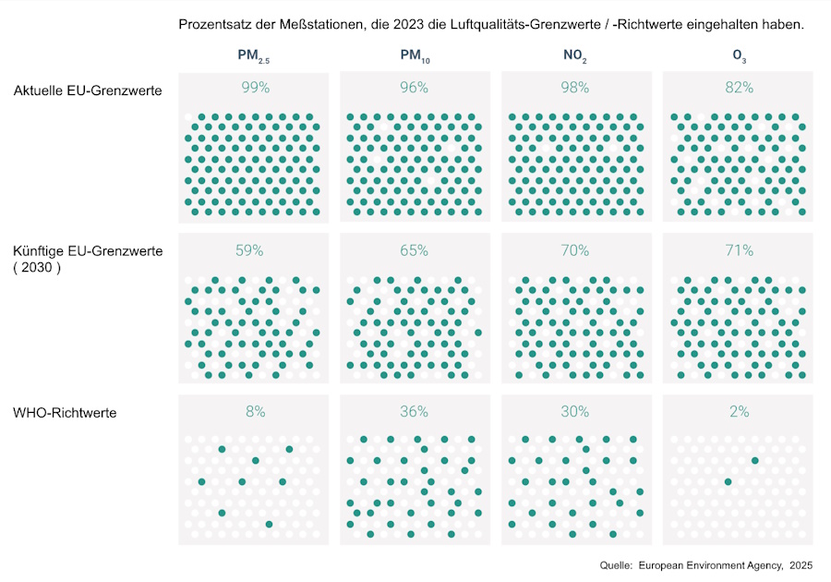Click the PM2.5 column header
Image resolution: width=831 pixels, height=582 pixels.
click(253, 57)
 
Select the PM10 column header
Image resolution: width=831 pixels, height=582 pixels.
click(415, 57)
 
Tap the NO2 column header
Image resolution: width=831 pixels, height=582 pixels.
click(575, 57)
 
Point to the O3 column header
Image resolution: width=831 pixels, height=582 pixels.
click(739, 57)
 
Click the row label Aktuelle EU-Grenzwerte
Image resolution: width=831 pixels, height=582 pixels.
click(89, 91)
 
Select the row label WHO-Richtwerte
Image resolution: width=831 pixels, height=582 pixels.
click(65, 413)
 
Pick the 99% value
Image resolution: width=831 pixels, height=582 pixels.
click(254, 88)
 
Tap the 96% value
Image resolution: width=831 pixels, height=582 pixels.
click(415, 88)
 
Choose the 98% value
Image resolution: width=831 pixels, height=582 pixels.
click(575, 88)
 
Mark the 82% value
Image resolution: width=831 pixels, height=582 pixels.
click(739, 88)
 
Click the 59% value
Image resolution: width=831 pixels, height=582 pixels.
click(249, 250)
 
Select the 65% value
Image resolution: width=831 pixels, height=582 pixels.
click(415, 250)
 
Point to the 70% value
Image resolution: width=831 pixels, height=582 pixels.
click(575, 250)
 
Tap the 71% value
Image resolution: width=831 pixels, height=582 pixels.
click(739, 250)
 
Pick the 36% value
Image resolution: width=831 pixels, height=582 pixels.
click(415, 412)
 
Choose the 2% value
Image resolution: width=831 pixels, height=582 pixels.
click(739, 412)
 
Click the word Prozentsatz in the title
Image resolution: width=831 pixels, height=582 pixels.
click(215, 24)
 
